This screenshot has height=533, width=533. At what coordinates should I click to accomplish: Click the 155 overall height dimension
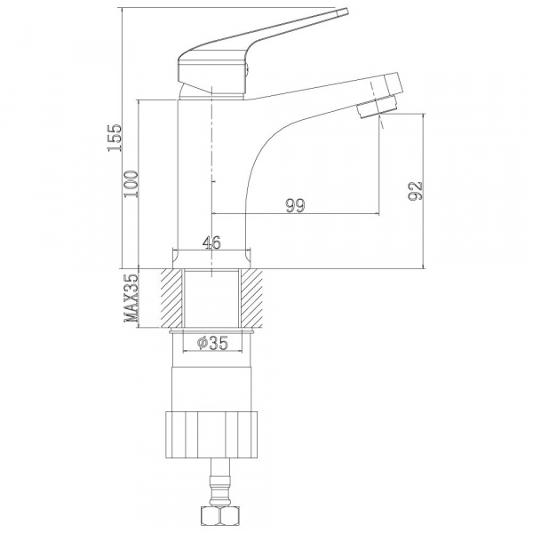coord(115,138)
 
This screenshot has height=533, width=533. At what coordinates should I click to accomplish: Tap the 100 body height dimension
coord(131,184)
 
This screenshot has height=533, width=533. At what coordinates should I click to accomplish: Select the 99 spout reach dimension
coord(296,205)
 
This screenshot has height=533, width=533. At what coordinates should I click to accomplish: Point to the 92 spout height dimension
coord(416,191)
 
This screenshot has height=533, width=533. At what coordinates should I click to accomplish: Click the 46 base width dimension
coord(211,243)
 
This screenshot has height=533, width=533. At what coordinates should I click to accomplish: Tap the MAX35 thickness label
coord(131,298)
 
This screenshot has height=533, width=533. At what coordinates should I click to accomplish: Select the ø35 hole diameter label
coord(213,343)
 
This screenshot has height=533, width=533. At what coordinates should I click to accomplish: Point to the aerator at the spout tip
coord(377,107)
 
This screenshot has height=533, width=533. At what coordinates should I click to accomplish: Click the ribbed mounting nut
coord(211,434)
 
